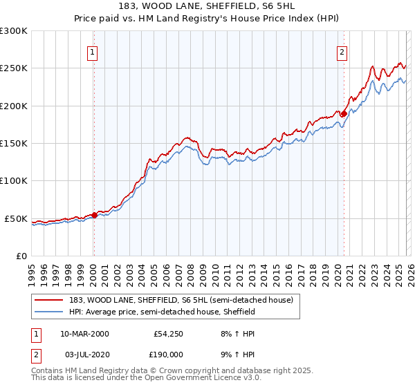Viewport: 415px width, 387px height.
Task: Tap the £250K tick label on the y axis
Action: tap(14, 68)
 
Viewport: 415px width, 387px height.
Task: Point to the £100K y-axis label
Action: tap(14, 180)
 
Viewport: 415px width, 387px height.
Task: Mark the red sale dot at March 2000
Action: tap(95, 215)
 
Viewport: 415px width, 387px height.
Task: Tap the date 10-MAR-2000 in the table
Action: tap(84, 333)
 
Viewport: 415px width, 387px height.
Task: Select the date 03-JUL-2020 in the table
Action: tap(84, 354)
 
